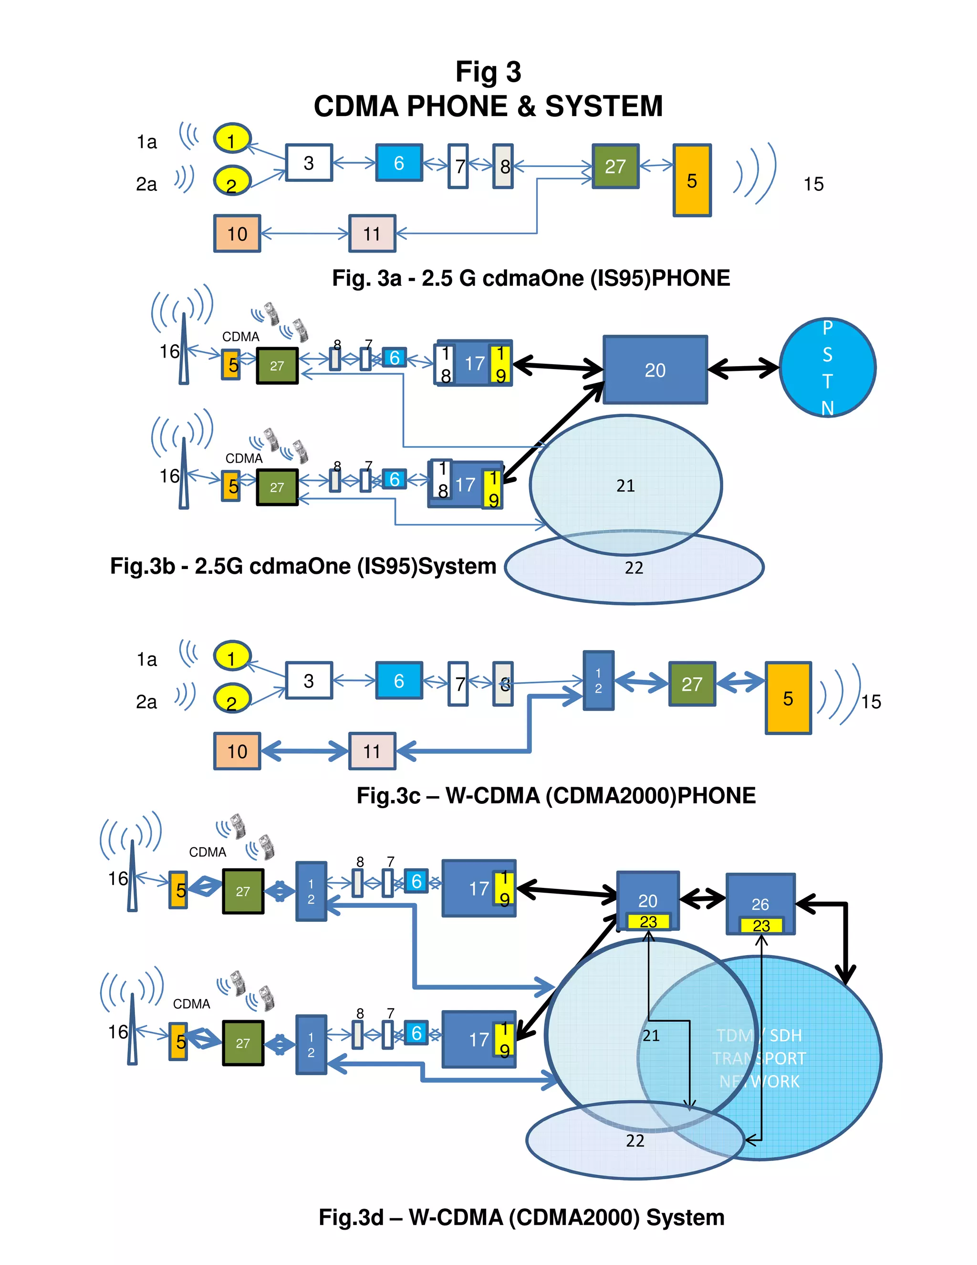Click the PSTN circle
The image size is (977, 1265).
tap(827, 367)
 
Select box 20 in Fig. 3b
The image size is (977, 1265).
tap(655, 369)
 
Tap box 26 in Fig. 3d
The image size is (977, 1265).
tap(760, 896)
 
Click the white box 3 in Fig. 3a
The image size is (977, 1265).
tap(309, 163)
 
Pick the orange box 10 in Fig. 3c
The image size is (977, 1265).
tap(237, 751)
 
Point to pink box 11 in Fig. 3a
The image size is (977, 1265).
tap(372, 233)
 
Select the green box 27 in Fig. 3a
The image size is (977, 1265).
tap(615, 166)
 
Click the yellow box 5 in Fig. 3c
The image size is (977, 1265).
tap(788, 698)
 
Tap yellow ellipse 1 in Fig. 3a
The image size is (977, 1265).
tap(232, 139)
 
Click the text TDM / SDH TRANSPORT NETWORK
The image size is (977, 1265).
tap(759, 1058)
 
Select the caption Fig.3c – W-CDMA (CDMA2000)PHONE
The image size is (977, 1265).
tap(556, 795)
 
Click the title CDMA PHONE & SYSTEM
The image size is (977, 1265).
tap(488, 106)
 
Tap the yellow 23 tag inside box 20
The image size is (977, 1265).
tap(648, 921)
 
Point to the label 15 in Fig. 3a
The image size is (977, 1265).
tap(813, 184)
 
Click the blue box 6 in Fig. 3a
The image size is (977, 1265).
tap(398, 163)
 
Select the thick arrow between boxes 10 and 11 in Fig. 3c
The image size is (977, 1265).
tap(304, 751)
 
